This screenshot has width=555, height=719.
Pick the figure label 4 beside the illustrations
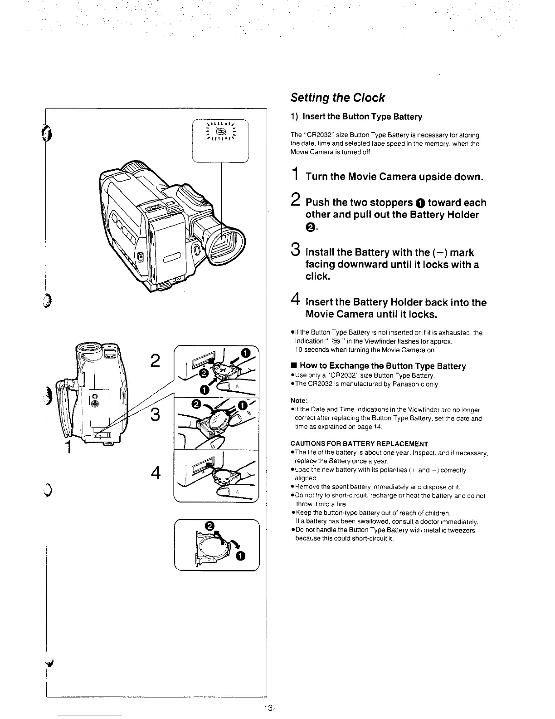pyautogui.click(x=156, y=473)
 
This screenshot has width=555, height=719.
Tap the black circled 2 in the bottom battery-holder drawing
pyautogui.click(x=209, y=526)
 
